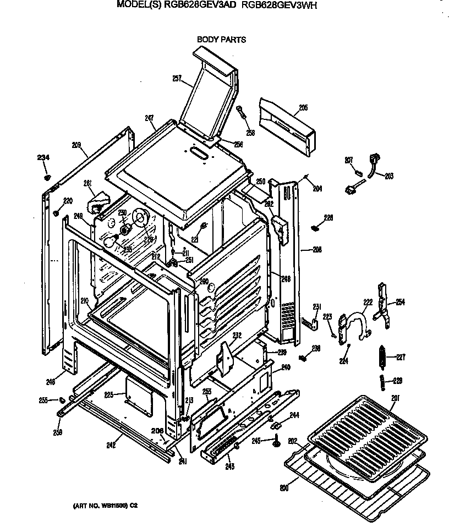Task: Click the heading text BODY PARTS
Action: click(221, 40)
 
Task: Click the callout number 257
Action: click(177, 79)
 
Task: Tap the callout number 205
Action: click(303, 108)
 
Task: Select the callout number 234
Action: click(43, 158)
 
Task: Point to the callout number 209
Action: click(76, 145)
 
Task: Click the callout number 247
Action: click(149, 117)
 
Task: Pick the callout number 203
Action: click(389, 176)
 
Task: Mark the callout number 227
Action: click(401, 357)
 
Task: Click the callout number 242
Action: click(111, 445)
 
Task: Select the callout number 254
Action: click(400, 303)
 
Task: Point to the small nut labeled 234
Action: click(48, 177)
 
